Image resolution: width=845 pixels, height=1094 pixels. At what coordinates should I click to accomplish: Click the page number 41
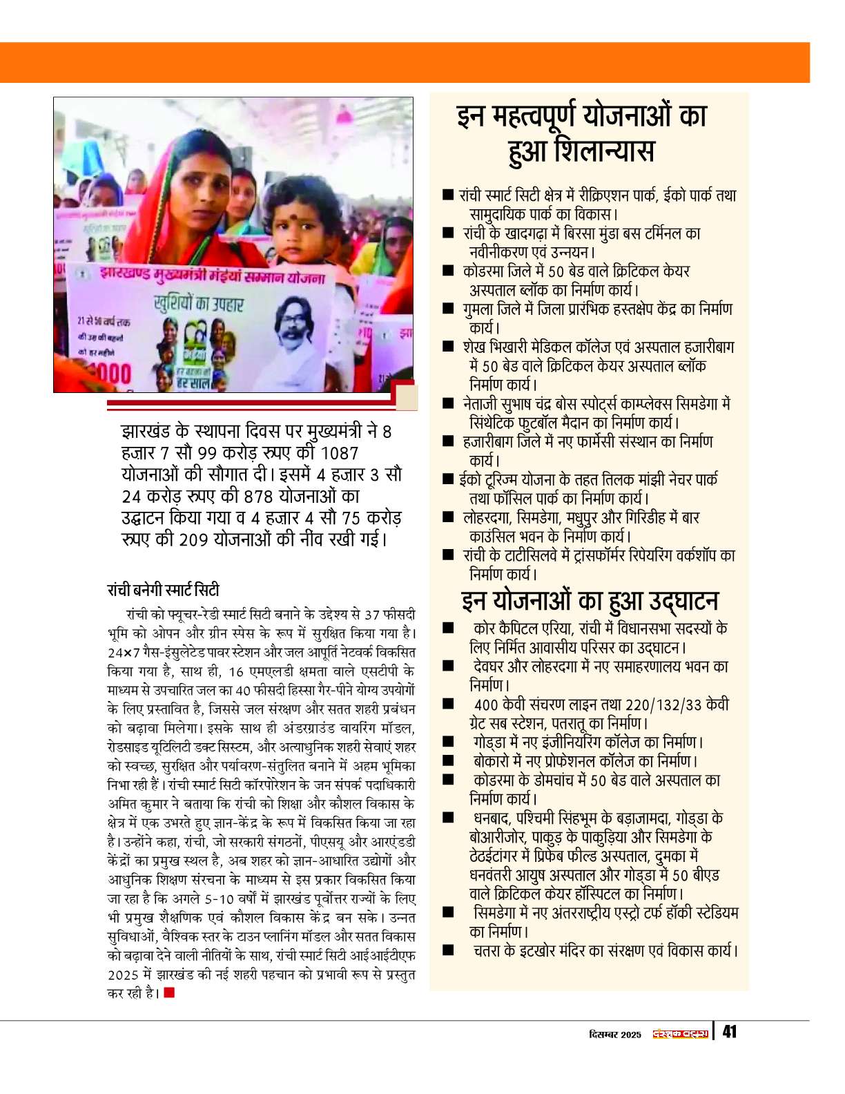pos(729,1032)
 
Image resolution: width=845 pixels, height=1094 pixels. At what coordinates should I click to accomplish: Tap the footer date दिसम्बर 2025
pos(615,1034)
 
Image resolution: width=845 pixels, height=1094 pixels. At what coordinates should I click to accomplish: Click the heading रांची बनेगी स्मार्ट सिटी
pos(163,590)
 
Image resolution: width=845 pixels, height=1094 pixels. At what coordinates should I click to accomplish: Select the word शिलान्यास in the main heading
pos(581,151)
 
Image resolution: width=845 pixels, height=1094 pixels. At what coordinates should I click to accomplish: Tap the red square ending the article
pos(170,992)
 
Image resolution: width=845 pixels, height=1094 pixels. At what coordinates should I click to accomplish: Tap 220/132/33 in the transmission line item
pos(663,704)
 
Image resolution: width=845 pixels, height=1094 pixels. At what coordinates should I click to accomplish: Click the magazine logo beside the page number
pos(681,1033)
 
